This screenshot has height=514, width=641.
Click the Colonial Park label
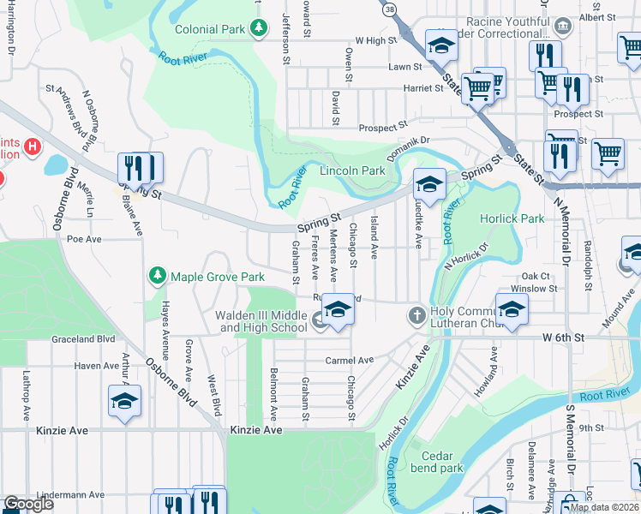click(x=210, y=28)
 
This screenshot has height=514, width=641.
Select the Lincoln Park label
click(x=352, y=170)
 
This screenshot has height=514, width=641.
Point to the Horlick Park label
click(x=512, y=218)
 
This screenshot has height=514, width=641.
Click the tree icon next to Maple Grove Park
click(x=157, y=276)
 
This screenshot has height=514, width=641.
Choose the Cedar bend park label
click(x=437, y=462)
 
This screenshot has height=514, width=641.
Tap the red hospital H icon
click(x=33, y=146)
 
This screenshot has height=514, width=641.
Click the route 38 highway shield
click(x=391, y=8)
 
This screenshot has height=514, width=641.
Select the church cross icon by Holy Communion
click(x=416, y=316)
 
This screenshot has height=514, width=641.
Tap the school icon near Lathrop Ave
click(x=125, y=400)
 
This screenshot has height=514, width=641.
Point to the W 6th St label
click(x=562, y=338)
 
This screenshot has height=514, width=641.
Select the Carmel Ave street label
click(x=350, y=361)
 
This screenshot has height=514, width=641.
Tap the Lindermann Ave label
click(x=77, y=494)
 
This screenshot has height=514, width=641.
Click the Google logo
click(x=28, y=504)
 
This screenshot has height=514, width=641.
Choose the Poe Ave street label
click(x=84, y=239)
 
